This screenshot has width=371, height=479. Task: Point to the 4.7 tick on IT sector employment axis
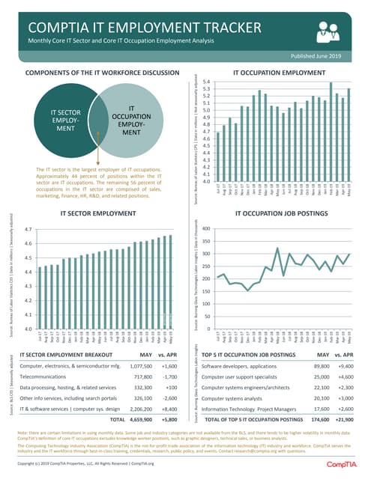coord(27,229)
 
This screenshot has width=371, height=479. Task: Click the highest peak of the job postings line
coord(277,248)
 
